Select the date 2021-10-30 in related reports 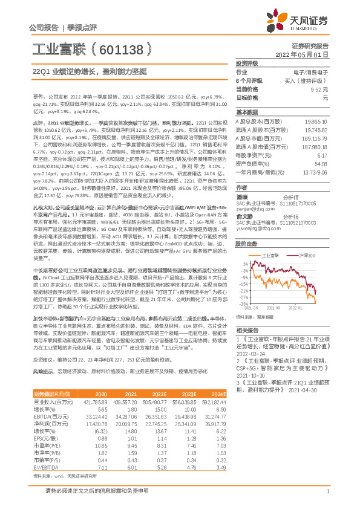tap(249, 374)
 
